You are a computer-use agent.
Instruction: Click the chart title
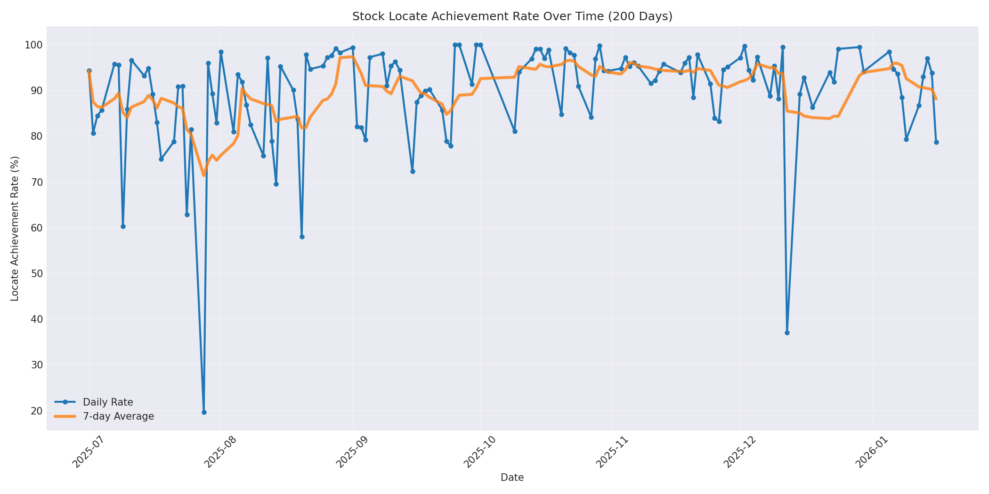tap(512, 16)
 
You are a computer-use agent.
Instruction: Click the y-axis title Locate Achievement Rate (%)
tap(15, 228)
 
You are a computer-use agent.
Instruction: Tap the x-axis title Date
tap(512, 478)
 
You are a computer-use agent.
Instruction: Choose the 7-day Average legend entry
tap(118, 416)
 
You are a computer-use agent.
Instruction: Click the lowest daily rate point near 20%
tap(204, 412)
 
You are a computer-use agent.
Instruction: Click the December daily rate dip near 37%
tap(787, 333)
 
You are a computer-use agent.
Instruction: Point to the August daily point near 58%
tap(302, 237)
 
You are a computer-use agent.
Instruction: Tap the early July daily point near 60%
tap(123, 226)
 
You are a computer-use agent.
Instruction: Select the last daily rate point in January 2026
tap(936, 142)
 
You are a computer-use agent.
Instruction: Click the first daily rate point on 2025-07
tap(89, 71)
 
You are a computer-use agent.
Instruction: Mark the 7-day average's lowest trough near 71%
tap(204, 175)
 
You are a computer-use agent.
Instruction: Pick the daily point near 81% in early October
tap(515, 131)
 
